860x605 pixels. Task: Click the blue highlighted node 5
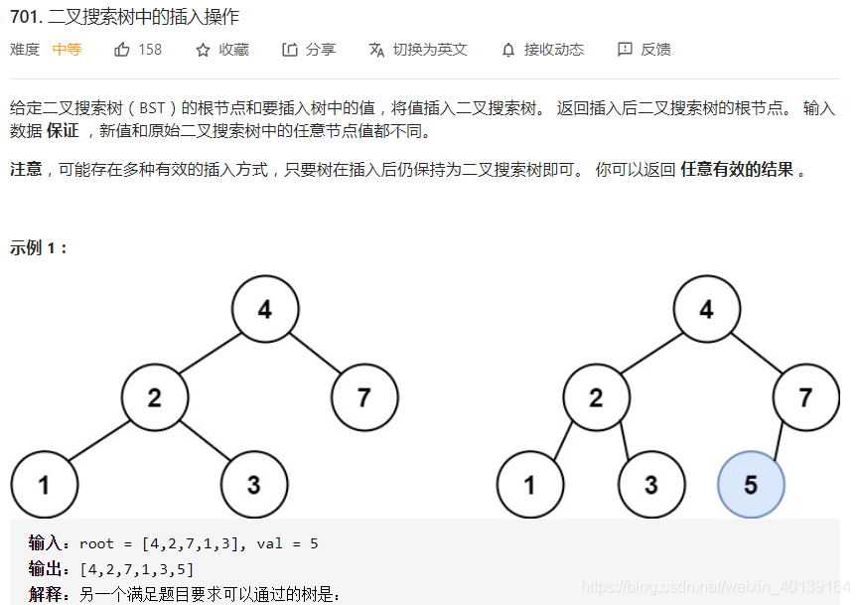point(751,485)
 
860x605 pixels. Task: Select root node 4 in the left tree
point(265,310)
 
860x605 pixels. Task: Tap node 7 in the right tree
point(805,398)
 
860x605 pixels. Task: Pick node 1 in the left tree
point(45,485)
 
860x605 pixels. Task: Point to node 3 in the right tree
point(650,485)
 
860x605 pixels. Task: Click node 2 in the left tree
point(155,398)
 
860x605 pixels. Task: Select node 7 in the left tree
point(364,398)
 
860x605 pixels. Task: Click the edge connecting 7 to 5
point(780,439)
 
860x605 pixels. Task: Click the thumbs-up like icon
point(122,50)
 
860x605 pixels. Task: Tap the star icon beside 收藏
point(203,50)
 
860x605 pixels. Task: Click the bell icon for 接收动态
point(508,50)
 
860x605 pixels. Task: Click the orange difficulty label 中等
point(68,50)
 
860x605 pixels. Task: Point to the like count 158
point(150,50)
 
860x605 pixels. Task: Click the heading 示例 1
point(39,247)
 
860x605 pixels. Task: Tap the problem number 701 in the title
point(24,17)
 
